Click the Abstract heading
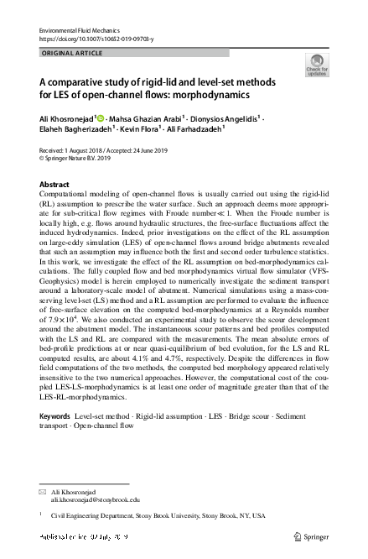pos(56,184)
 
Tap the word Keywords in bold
pos(56,440)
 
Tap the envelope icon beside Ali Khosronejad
pos(44,489)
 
